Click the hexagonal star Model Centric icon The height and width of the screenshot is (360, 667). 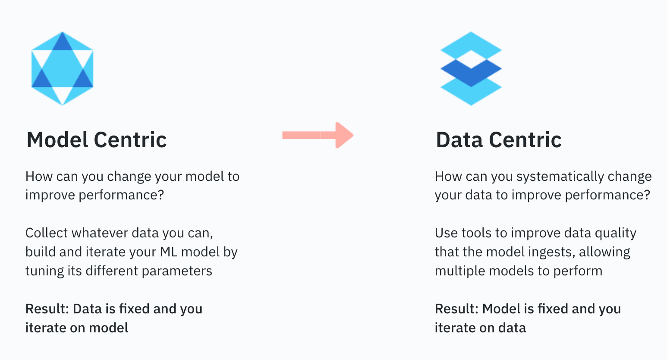coord(62,69)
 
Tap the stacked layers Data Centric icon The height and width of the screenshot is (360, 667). coord(471,69)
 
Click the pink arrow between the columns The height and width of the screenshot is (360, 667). coord(318,135)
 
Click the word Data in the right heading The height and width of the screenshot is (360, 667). coord(459,140)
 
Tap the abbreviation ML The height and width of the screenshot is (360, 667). coord(169,252)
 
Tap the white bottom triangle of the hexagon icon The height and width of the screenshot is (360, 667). coord(62,95)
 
